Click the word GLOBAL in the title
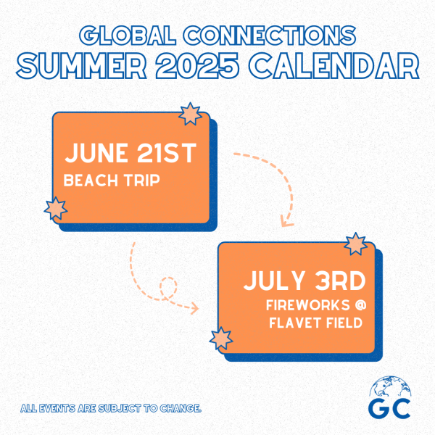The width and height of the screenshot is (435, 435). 128,36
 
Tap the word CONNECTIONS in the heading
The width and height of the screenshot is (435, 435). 270,36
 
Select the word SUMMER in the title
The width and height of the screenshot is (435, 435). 81,66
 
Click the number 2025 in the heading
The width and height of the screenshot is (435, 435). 197,66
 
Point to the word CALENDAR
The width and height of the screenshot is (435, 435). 333,66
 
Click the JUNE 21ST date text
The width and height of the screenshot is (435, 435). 130,153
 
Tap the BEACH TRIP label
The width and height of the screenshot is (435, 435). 112,181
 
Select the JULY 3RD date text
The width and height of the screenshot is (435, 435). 305,281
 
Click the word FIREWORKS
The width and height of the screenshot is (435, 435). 308,305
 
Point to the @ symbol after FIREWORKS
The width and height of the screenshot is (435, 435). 360,305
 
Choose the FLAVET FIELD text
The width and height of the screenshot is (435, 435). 316,323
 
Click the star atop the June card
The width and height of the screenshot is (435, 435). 190,114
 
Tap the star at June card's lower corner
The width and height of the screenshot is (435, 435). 56,208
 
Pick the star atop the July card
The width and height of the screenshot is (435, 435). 356,244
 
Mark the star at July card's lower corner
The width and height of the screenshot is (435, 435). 221,339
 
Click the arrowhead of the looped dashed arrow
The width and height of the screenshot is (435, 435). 195,308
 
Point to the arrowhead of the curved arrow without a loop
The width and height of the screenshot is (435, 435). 286,222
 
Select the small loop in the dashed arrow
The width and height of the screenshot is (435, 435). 168,288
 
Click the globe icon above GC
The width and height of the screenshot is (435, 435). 390,386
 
